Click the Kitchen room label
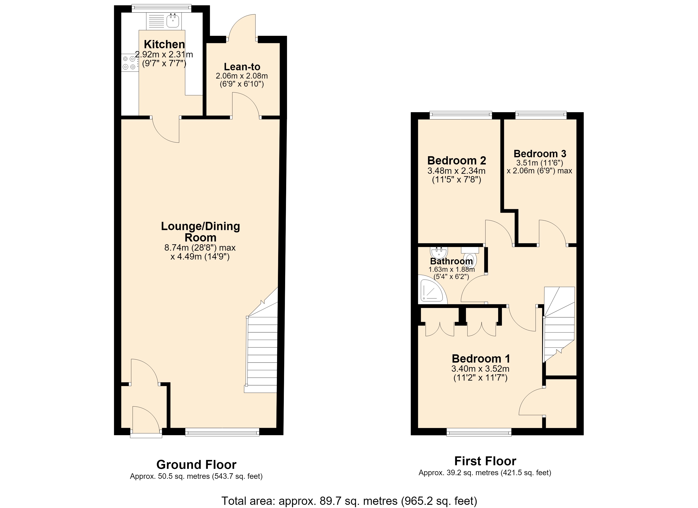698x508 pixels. point(164,44)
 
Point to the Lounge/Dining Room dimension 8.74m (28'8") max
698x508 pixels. point(200,248)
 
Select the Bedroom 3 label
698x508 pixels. point(540,153)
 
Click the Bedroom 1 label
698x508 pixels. point(481,359)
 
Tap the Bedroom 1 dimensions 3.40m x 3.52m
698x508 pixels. point(480,369)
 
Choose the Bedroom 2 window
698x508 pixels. point(461,115)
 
